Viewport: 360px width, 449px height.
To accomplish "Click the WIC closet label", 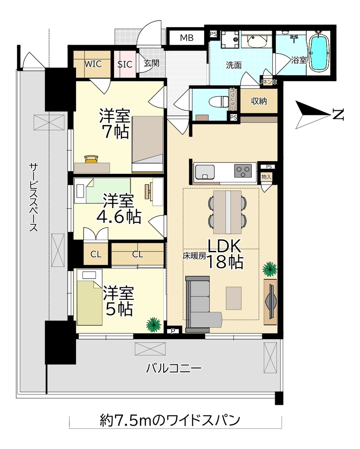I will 92,63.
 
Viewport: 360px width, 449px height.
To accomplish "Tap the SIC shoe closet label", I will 125,64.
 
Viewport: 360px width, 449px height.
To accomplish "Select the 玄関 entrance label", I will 151,63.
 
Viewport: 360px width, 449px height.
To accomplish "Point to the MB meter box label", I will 187,38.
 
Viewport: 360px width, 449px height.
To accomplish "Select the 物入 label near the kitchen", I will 266,177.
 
